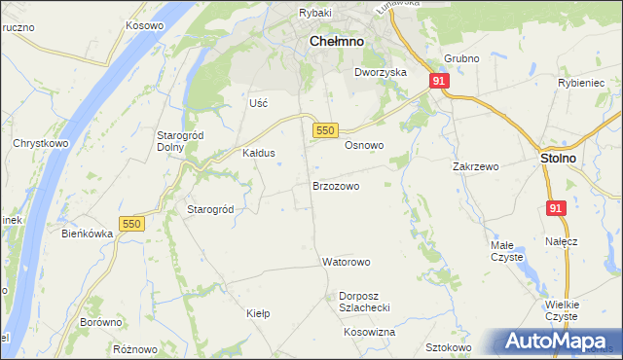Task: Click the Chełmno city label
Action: tap(336, 42)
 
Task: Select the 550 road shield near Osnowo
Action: tap(325, 130)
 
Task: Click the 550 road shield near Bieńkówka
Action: tap(131, 224)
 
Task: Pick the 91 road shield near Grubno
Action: tap(439, 82)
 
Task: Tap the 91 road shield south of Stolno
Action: tap(556, 208)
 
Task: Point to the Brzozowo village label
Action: tap(336, 185)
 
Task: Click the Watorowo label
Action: tap(347, 262)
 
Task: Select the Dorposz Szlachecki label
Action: tap(364, 301)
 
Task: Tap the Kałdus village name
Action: tap(259, 153)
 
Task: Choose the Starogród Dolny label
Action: tap(178, 141)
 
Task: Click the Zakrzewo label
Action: tap(475, 166)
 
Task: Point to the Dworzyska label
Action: tap(380, 73)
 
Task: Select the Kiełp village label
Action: tap(258, 313)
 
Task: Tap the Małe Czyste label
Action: tap(507, 251)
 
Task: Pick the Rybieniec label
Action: tap(582, 83)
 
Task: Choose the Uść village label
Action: tap(258, 102)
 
